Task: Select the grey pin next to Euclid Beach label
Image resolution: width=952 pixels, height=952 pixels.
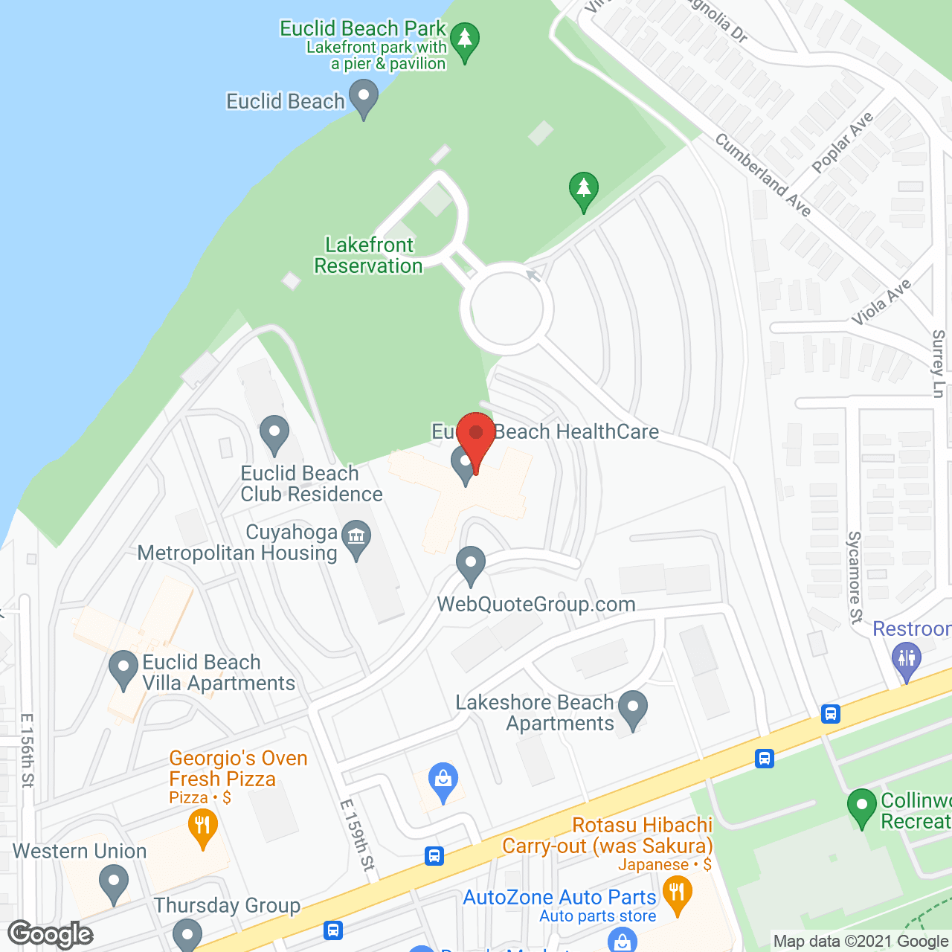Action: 364,98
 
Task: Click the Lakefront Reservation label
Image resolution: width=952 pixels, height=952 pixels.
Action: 368,255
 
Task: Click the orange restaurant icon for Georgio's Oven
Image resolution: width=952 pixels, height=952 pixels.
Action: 202,827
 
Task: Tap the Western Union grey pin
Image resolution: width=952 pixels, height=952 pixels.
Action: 113,885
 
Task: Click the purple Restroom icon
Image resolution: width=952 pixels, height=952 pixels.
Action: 906,660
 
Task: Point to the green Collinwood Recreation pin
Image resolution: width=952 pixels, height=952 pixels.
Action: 862,807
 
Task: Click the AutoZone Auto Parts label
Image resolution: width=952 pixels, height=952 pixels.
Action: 559,898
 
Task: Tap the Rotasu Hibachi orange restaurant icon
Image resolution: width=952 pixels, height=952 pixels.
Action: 677,892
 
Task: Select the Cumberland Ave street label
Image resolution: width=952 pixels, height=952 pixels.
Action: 762,174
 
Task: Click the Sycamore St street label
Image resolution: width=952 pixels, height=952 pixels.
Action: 855,576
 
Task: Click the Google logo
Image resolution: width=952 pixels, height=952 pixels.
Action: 51,934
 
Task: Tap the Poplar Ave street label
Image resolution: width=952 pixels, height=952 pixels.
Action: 842,143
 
